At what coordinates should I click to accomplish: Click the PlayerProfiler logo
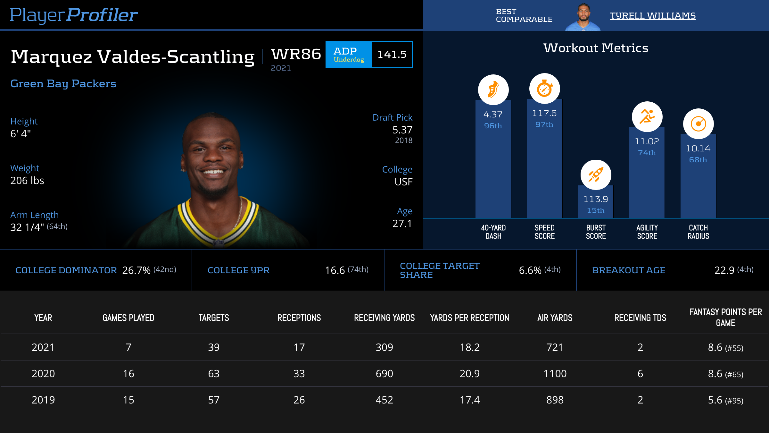tap(74, 15)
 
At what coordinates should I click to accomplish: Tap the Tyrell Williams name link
tap(653, 15)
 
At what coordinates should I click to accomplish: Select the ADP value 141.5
tap(392, 55)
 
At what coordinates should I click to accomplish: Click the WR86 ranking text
tap(296, 54)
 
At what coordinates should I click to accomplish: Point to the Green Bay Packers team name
tap(63, 83)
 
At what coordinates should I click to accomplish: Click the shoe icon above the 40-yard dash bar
tap(493, 89)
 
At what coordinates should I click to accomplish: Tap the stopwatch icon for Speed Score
tap(544, 89)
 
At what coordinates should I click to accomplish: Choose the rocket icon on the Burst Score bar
tap(596, 175)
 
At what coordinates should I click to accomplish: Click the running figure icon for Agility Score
tap(647, 116)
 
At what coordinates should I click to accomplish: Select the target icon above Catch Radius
tap(698, 124)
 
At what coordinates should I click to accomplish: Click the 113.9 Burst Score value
tap(596, 199)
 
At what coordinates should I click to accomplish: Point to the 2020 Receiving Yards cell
tap(384, 374)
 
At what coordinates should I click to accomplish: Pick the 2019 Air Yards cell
tap(555, 400)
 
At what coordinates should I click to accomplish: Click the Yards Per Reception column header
tap(469, 318)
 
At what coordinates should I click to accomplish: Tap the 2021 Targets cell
tap(214, 347)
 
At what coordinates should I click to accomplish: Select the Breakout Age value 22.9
tap(724, 270)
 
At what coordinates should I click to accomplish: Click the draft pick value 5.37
tap(402, 130)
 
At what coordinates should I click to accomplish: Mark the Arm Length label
tap(34, 215)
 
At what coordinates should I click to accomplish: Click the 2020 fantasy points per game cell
tap(725, 374)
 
